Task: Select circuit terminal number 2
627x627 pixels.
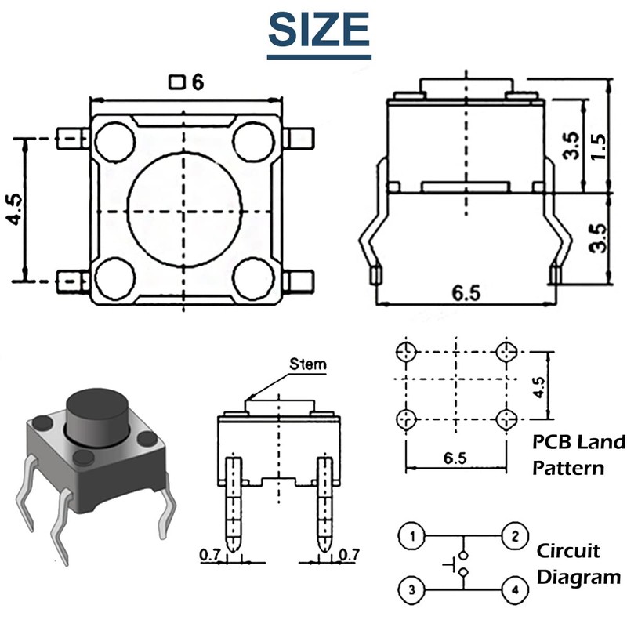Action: (513, 537)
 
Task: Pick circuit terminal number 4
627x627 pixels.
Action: (513, 588)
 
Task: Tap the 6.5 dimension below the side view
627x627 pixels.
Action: (466, 292)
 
